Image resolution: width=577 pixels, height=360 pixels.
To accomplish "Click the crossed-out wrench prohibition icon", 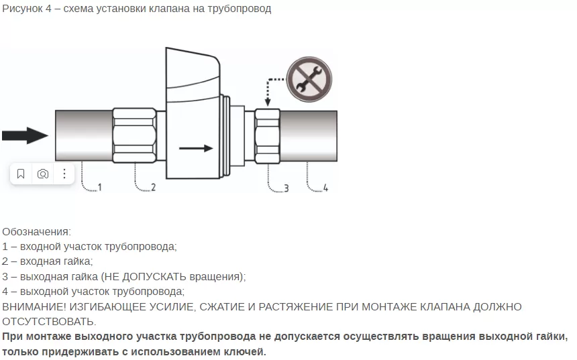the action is tap(309, 79).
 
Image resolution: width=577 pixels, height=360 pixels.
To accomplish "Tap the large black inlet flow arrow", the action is tap(25, 135).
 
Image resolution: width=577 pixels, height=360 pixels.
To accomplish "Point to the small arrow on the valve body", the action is tap(196, 148).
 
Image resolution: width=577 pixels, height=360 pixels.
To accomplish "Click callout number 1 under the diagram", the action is tap(99, 187).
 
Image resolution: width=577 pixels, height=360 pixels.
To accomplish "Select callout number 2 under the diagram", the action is tap(153, 187).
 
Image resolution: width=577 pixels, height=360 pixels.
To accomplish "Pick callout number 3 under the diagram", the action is tap(286, 188).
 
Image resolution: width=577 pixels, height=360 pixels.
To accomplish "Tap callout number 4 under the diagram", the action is tap(325, 188).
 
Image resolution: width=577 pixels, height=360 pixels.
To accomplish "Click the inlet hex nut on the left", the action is tap(134, 135).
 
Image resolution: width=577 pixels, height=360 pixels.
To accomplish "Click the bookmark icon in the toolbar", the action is tap(21, 174).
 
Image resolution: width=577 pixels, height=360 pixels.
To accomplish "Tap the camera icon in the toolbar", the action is tap(43, 174).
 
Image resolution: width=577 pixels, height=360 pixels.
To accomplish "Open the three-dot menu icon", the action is tap(64, 174).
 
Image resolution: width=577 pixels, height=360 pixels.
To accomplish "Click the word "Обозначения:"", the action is tap(36, 232).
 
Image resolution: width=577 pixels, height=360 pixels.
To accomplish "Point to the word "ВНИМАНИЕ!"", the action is tap(34, 306).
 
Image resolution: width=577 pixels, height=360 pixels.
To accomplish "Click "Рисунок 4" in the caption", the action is tap(27, 9).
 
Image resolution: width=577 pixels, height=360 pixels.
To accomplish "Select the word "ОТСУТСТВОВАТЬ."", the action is tap(49, 322).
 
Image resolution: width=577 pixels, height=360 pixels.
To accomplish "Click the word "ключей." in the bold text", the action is tap(246, 351).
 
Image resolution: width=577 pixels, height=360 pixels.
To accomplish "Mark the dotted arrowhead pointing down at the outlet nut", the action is tap(268, 101).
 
